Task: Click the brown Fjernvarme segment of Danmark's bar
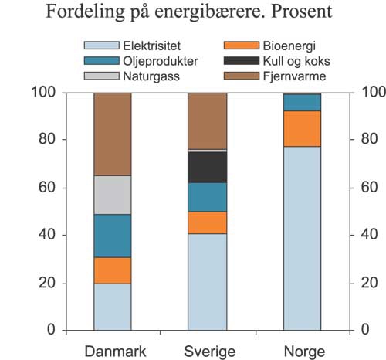tap(112, 134)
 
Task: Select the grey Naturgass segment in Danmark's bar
tap(112, 195)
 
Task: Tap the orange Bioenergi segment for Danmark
tap(112, 270)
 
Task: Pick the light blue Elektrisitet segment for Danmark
tap(112, 307)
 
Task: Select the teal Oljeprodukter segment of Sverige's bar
tap(208, 197)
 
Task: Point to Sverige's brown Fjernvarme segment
tap(208, 121)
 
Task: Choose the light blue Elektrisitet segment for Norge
tap(302, 238)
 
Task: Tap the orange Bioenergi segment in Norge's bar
tap(302, 128)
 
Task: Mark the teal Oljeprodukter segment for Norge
tap(302, 103)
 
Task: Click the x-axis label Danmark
tap(113, 351)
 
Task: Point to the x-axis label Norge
tap(303, 351)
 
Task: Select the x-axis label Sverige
tap(208, 351)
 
